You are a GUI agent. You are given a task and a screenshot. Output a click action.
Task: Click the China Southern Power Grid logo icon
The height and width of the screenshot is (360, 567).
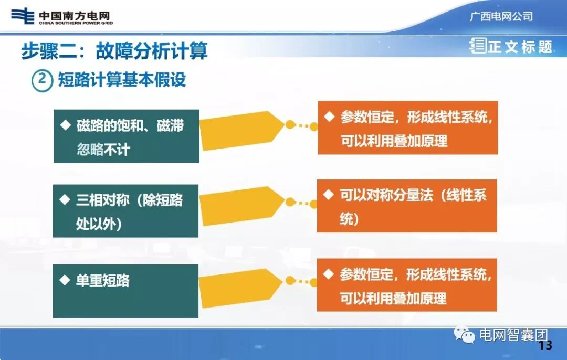click(x=23, y=16)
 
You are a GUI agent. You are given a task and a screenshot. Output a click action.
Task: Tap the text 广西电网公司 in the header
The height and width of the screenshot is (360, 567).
click(x=501, y=16)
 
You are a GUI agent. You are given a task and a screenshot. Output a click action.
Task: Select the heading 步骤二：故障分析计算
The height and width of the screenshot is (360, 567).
click(x=114, y=51)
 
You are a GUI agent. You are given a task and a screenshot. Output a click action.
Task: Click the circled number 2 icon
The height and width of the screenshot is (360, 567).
click(x=42, y=81)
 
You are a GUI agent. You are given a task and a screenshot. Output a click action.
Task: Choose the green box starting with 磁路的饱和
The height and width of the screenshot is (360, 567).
click(x=127, y=136)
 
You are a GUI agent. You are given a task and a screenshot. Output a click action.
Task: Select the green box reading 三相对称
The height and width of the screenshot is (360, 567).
click(x=126, y=211)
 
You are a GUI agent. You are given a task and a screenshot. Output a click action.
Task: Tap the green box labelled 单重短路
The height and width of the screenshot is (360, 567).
click(x=126, y=291)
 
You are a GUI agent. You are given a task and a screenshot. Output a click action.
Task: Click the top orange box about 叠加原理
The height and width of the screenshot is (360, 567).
click(x=408, y=128)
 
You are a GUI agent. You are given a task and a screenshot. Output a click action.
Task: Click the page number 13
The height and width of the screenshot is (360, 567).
click(x=545, y=345)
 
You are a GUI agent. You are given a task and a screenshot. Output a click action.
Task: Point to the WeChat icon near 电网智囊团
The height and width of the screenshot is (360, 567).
click(x=465, y=335)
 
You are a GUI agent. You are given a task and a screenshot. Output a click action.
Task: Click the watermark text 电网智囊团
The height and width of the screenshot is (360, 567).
click(x=513, y=335)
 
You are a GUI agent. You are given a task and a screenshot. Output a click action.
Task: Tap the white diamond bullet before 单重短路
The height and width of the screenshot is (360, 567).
click(x=65, y=280)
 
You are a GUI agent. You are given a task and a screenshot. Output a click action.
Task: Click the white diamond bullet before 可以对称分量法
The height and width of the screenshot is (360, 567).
click(x=329, y=195)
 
